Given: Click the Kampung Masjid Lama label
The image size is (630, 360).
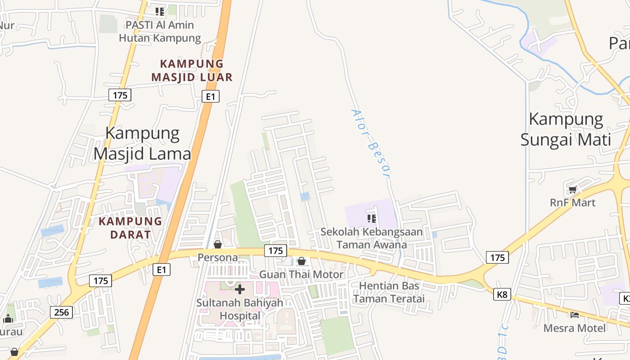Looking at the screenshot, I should click(x=142, y=144).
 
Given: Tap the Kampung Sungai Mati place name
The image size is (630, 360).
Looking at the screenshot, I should click(x=566, y=129).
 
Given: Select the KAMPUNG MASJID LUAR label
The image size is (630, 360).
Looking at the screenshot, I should click(x=192, y=70).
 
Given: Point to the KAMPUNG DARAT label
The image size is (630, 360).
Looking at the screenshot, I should click(x=130, y=228).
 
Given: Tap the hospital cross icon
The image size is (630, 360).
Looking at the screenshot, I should click(x=240, y=289).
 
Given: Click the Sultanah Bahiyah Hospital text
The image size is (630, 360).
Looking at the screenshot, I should click(x=240, y=309).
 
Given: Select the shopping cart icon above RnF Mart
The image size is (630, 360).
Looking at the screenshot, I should click(x=572, y=189).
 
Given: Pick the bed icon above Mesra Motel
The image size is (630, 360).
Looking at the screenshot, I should click(x=574, y=315).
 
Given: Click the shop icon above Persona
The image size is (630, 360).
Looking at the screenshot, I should click(x=218, y=244).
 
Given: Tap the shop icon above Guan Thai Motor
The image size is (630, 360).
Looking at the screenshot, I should click(x=301, y=261).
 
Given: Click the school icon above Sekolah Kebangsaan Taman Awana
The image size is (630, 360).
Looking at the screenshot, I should click(x=372, y=219).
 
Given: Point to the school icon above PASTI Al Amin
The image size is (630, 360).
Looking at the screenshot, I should click(x=160, y=11).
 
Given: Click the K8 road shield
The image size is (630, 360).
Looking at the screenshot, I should click(x=502, y=294).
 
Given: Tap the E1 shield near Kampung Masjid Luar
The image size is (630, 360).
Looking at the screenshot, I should click(x=210, y=96).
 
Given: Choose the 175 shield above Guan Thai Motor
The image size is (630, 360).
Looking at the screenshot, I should click(x=275, y=251).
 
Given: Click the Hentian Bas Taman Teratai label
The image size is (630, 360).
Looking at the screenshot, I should click(x=389, y=292).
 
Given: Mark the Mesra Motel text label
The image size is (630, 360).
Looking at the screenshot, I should click(x=575, y=328).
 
